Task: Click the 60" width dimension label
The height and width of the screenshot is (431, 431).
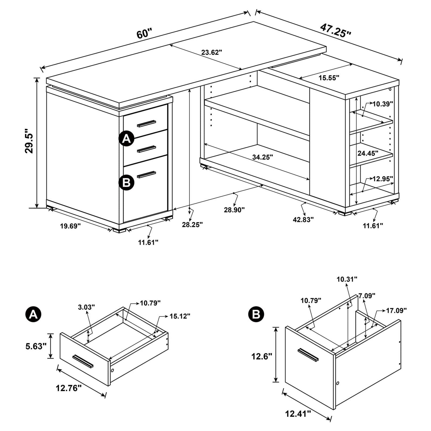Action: [x=144, y=33]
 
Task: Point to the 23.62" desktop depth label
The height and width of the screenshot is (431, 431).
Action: [x=212, y=53]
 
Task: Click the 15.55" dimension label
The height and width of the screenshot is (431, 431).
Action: [x=329, y=78]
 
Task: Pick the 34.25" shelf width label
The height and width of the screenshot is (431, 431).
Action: [x=262, y=157]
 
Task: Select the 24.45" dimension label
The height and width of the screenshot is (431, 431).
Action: [x=368, y=153]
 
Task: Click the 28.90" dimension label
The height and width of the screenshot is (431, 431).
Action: [x=234, y=210]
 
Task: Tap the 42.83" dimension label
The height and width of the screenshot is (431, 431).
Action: [x=303, y=220]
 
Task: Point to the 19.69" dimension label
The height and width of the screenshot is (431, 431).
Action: [x=70, y=226]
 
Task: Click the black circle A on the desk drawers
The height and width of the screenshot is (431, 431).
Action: [x=126, y=139]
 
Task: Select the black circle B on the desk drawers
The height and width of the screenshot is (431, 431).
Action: [x=126, y=182]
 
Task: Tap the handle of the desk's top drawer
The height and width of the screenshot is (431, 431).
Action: [x=146, y=124]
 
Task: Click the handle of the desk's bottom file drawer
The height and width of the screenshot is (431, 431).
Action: [x=146, y=174]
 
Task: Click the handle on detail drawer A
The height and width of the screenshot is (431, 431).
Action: [x=83, y=361]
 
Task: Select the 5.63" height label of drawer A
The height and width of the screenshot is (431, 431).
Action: [x=36, y=346]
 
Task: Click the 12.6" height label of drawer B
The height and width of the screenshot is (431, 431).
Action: [x=261, y=356]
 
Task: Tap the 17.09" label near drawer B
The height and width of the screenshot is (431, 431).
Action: [x=396, y=310]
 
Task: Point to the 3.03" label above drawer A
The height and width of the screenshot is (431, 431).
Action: [x=86, y=307]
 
